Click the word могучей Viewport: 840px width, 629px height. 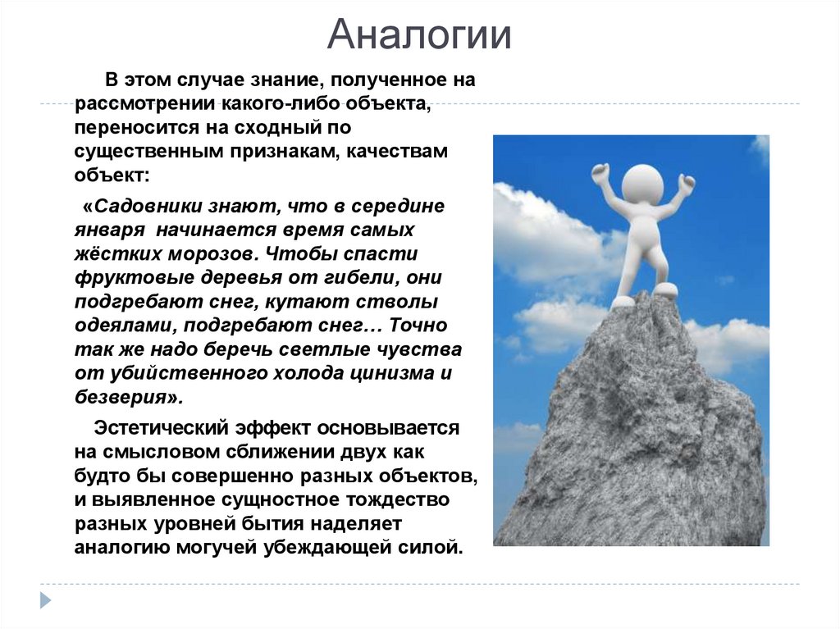[x=215, y=547]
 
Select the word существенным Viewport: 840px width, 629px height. [x=143, y=153]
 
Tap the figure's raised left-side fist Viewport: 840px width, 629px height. [x=600, y=172]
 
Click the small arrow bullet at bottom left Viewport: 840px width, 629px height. [x=46, y=599]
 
